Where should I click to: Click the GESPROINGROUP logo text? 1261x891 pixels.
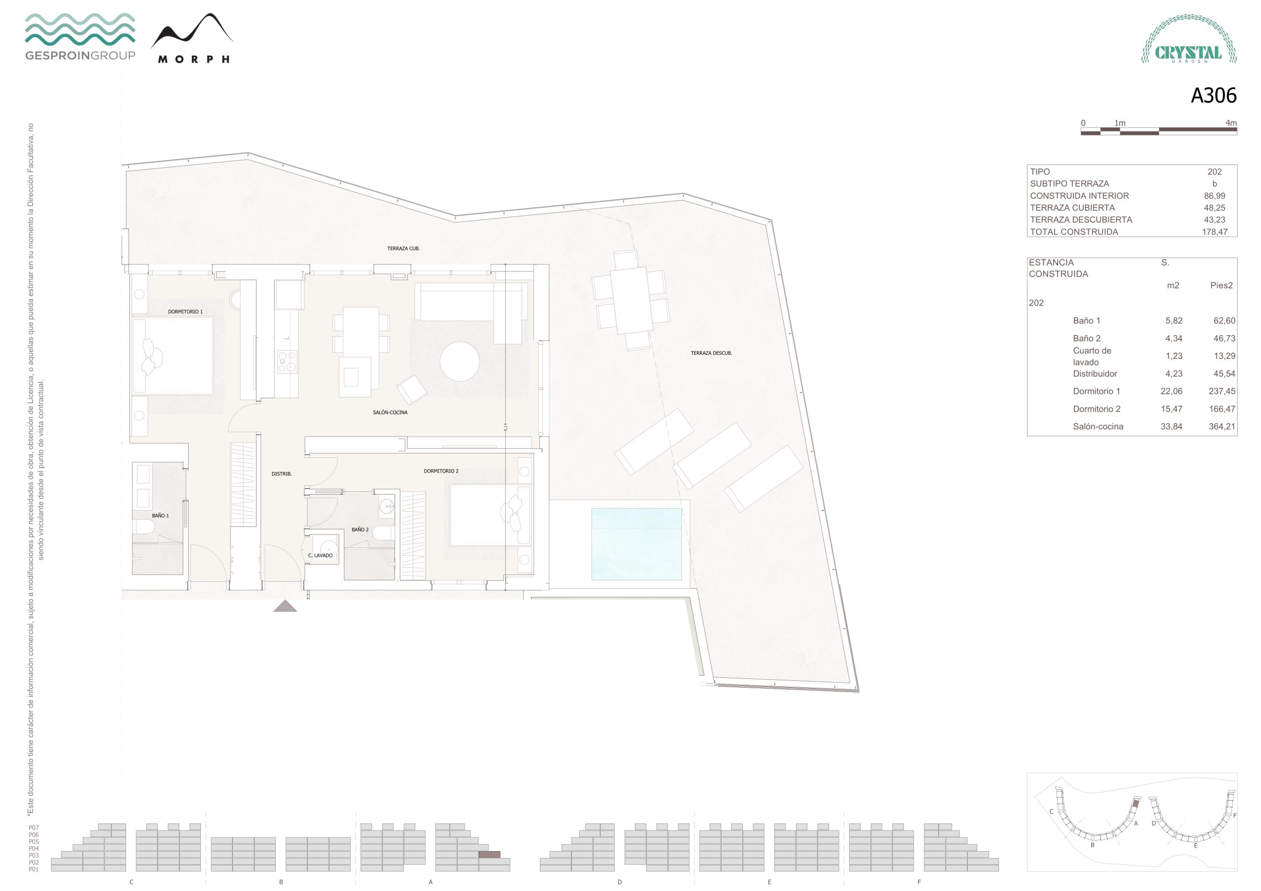pos(80,56)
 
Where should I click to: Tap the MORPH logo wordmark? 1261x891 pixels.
pos(193,59)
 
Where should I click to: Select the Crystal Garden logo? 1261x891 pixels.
pos(1189,39)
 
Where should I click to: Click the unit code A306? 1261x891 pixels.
pos(1213,95)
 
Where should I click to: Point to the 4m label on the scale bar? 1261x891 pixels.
pos(1231,123)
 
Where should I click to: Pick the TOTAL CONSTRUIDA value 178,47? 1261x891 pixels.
pos(1214,232)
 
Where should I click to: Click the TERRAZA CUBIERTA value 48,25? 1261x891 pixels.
pos(1214,208)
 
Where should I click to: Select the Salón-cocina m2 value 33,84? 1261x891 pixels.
pos(1171,427)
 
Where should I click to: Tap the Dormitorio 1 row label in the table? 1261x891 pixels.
pos(1096,391)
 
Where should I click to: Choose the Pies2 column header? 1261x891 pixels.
pos(1222,286)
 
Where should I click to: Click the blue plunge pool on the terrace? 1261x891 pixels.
pos(636,543)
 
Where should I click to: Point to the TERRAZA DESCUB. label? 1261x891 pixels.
pos(711,353)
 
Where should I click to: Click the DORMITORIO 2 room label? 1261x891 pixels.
pos(440,471)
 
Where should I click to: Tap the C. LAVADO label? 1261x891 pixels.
pos(320,556)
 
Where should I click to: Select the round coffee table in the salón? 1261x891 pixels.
pos(459,361)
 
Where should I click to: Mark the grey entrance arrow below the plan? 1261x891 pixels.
pos(285,606)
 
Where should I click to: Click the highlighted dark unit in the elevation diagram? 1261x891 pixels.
pos(489,854)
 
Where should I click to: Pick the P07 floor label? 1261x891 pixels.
pos(34,827)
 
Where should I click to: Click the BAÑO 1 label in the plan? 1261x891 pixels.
pos(161,516)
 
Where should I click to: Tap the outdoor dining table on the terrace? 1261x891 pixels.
pos(631,300)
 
